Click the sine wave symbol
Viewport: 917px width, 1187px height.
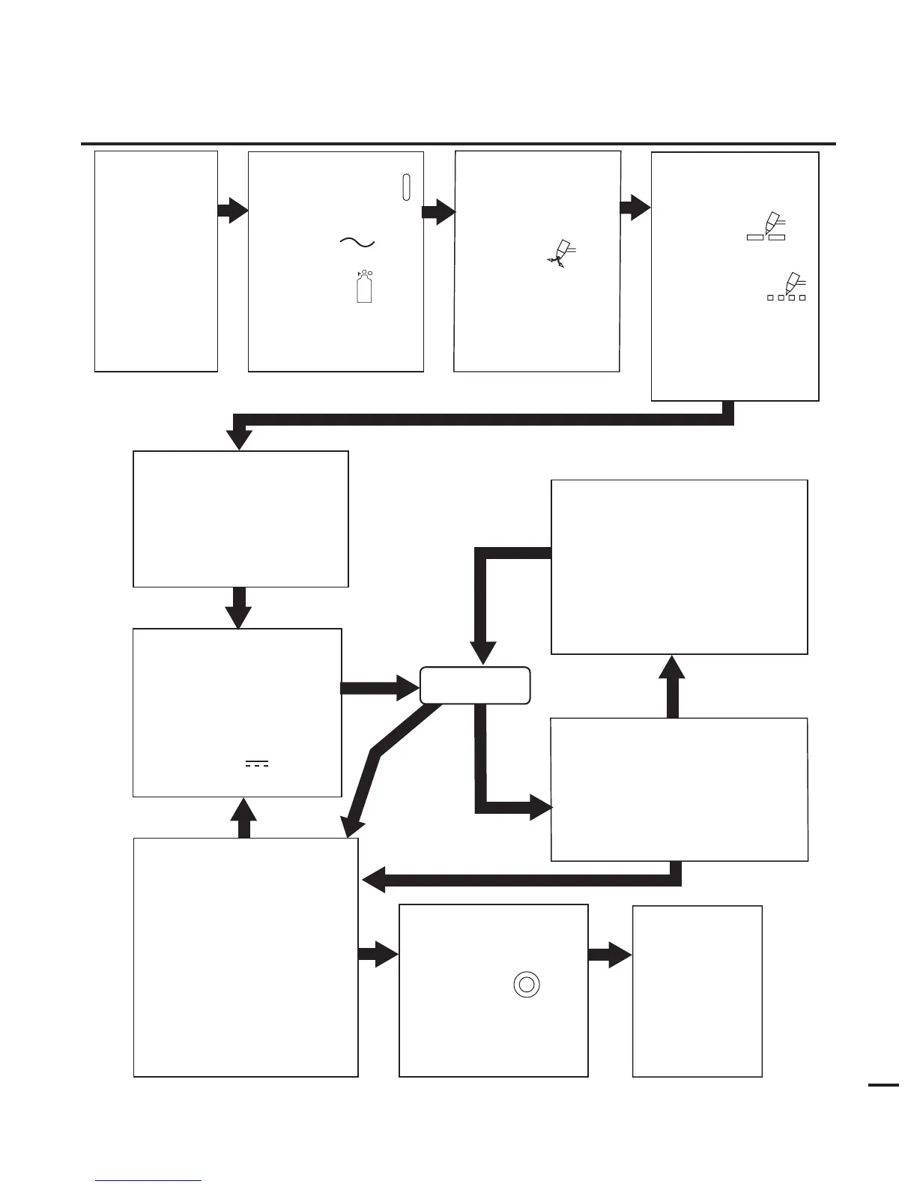pos(357,242)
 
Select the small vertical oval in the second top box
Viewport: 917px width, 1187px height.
pos(406,187)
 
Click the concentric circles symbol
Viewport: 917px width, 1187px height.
pos(526,984)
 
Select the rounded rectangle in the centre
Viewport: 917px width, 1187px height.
pos(475,685)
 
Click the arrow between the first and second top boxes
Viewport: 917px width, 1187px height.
pos(232,211)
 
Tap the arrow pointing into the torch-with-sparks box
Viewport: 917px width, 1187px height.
pos(439,213)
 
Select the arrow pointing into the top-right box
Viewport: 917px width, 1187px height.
pos(635,208)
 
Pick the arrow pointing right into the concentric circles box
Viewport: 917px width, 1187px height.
pos(378,955)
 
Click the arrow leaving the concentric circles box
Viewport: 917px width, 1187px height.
pos(610,955)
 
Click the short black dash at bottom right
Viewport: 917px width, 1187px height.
pos(883,1084)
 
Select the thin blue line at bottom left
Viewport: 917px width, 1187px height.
pos(149,1182)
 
